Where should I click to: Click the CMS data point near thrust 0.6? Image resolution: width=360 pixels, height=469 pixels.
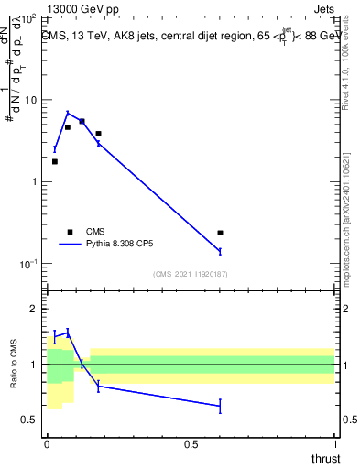click(x=220, y=233)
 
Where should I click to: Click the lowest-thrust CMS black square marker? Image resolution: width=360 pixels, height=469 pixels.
click(x=55, y=161)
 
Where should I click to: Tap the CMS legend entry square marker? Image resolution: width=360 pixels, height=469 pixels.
click(x=69, y=232)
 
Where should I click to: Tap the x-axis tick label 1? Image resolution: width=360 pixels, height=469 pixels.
click(x=335, y=443)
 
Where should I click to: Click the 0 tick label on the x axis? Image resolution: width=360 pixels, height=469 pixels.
click(x=47, y=443)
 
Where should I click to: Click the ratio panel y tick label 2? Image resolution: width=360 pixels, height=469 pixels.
click(x=31, y=310)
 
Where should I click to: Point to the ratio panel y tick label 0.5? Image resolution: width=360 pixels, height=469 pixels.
click(x=27, y=420)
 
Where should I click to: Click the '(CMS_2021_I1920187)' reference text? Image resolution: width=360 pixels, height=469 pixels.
click(x=190, y=274)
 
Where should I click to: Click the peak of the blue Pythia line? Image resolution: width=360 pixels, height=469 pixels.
click(x=68, y=113)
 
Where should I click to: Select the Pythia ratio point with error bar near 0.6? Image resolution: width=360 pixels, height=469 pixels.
click(x=220, y=406)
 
